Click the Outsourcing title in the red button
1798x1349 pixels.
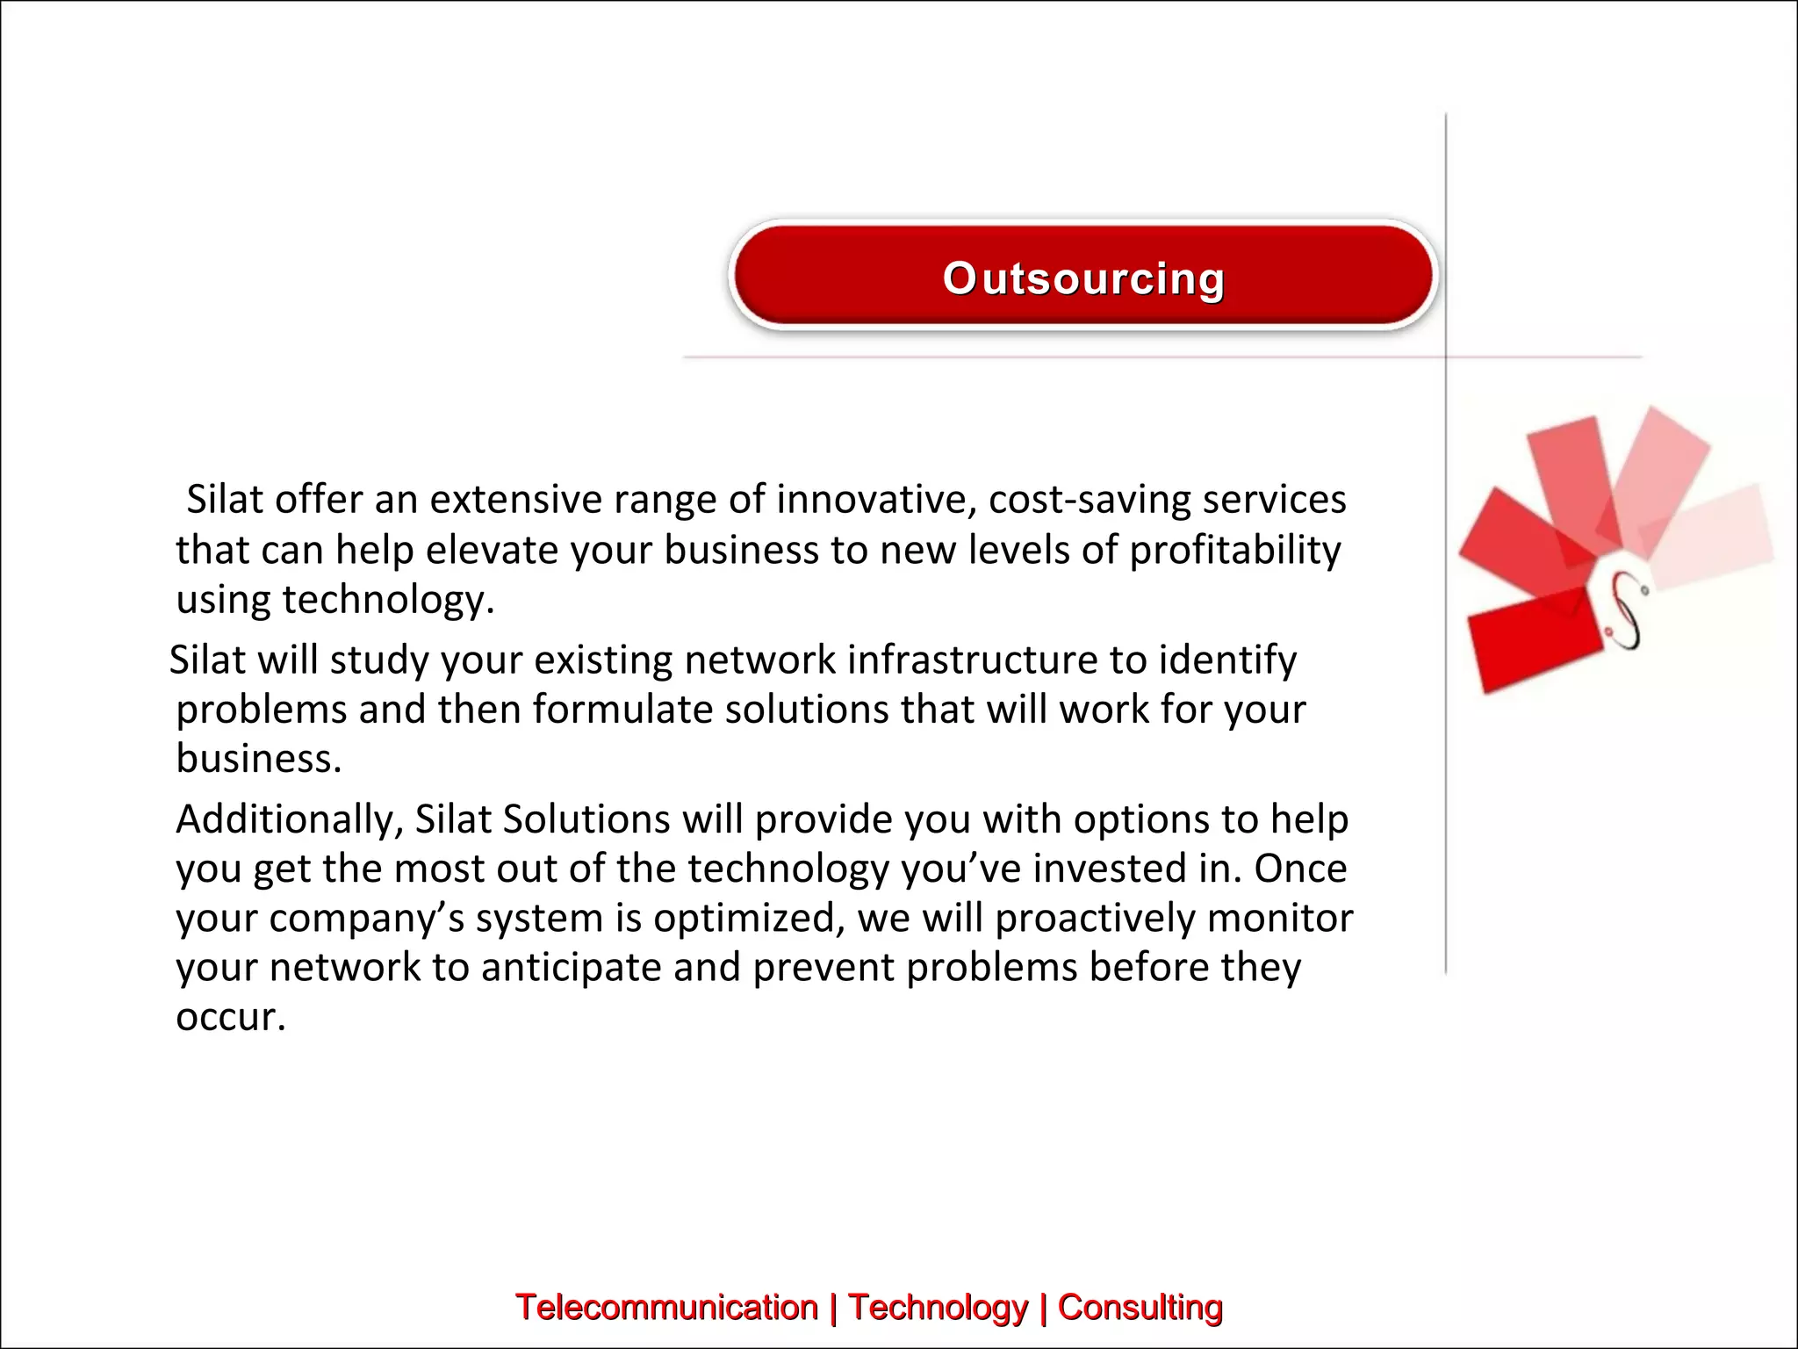point(1082,279)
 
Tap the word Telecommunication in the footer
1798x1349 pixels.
point(666,1307)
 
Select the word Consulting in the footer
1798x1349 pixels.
point(1140,1307)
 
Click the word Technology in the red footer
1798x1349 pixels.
point(938,1307)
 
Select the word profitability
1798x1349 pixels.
point(1235,551)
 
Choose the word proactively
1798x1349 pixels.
point(1096,919)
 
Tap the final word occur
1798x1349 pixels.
point(230,1017)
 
